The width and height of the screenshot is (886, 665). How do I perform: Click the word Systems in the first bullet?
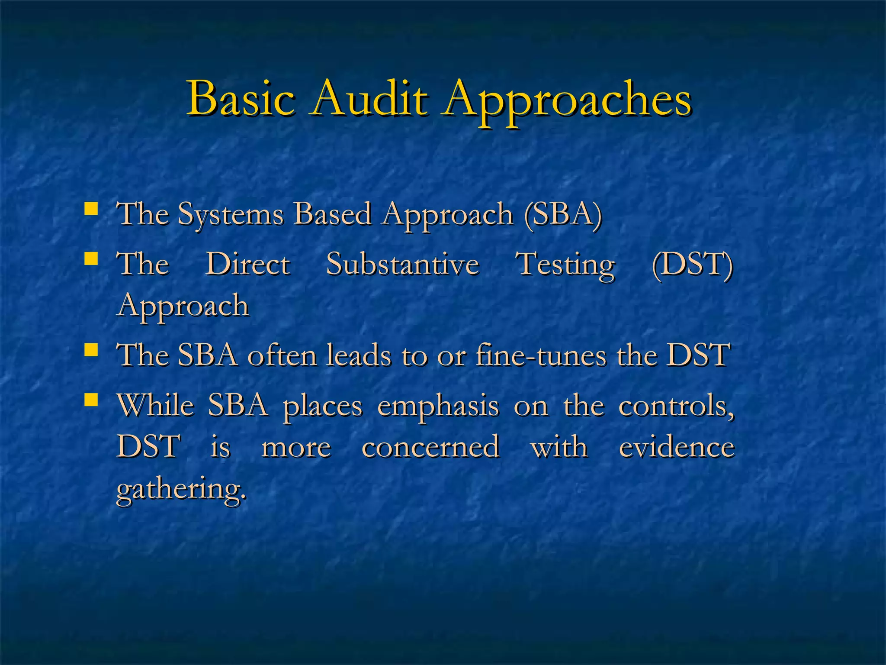pos(231,215)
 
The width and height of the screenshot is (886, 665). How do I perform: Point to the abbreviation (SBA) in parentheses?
pos(563,214)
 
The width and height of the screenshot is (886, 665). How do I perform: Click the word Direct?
pos(247,264)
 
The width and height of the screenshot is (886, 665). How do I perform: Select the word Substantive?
pos(403,264)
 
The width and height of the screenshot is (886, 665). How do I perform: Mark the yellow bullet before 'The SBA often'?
pos(91,350)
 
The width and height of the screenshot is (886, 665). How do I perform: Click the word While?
pos(156,406)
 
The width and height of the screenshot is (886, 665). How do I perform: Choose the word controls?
pos(676,406)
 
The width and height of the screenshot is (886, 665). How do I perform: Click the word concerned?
pos(430,447)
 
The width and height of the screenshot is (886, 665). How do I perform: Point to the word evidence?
pos(677,447)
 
